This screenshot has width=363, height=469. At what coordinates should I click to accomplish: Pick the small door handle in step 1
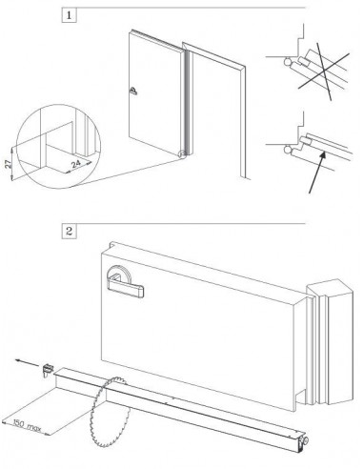(133, 92)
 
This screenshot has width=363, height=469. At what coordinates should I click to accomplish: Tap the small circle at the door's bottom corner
(179, 153)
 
